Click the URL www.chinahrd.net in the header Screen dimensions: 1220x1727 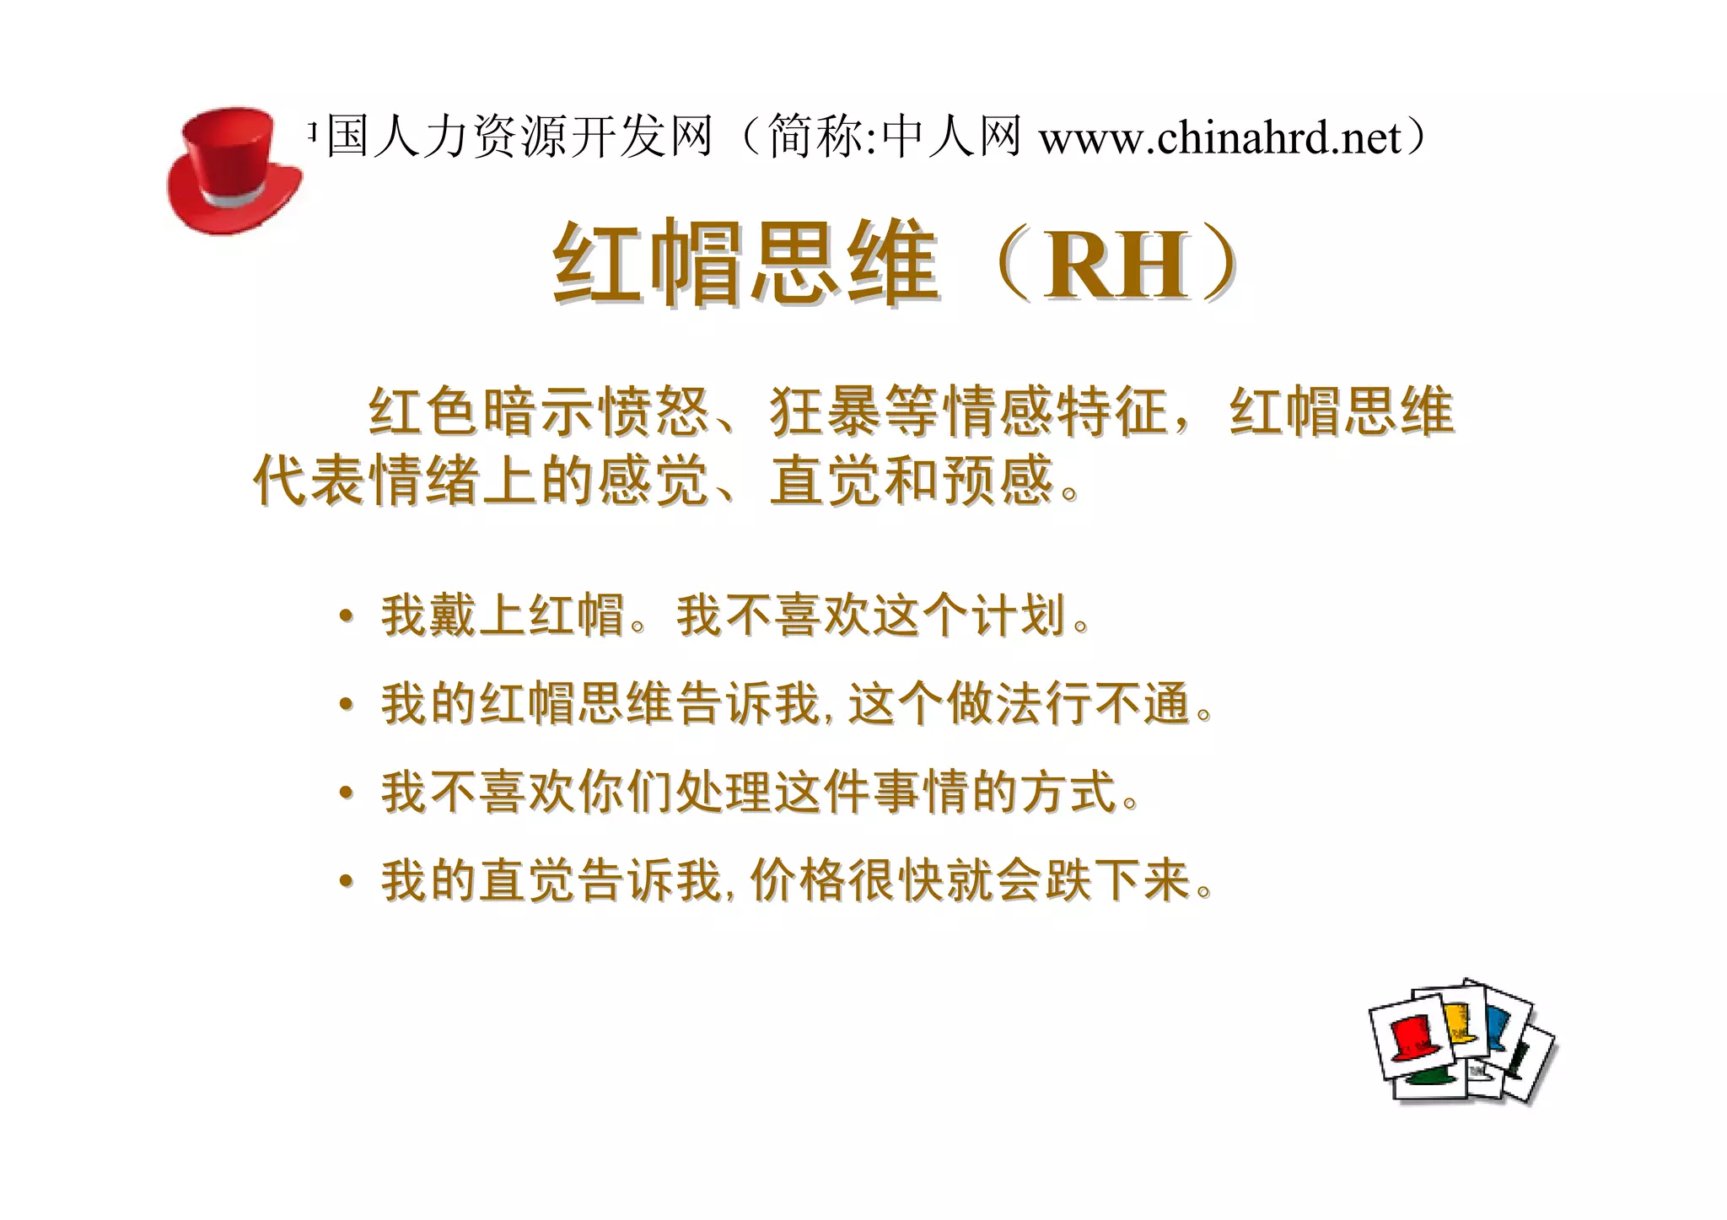pyautogui.click(x=1219, y=137)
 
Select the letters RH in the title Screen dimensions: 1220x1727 pyautogui.click(x=1116, y=266)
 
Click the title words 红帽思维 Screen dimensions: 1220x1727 pyautogui.click(x=745, y=263)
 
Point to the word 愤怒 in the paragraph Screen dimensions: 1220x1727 pyautogui.click(x=654, y=412)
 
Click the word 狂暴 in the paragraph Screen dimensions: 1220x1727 pyautogui.click(x=827, y=412)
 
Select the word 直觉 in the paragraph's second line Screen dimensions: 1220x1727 pyautogui.click(x=826, y=481)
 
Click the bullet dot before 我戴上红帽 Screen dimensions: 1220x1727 pyautogui.click(x=346, y=616)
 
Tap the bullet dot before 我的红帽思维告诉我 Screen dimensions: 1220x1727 pyautogui.click(x=346, y=704)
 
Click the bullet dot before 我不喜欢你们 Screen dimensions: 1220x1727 pyautogui.click(x=346, y=793)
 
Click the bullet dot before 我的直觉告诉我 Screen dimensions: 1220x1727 pyautogui.click(x=346, y=881)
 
